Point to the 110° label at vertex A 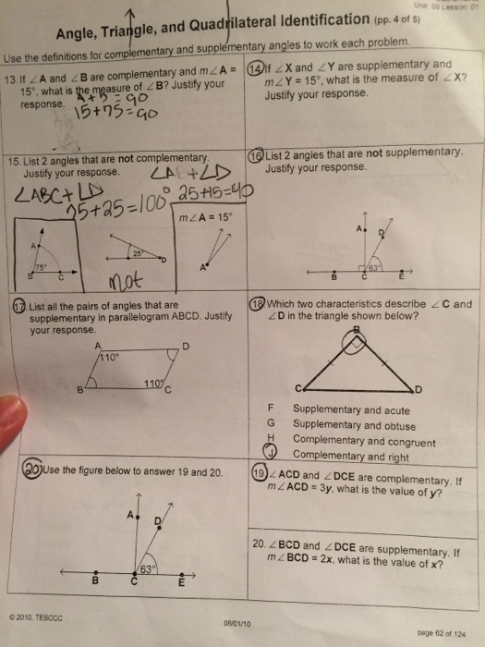(x=111, y=355)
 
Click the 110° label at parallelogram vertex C (x=150, y=382)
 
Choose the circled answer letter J (x=273, y=453)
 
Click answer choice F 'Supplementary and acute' (x=333, y=409)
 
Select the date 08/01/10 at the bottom (x=239, y=624)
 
